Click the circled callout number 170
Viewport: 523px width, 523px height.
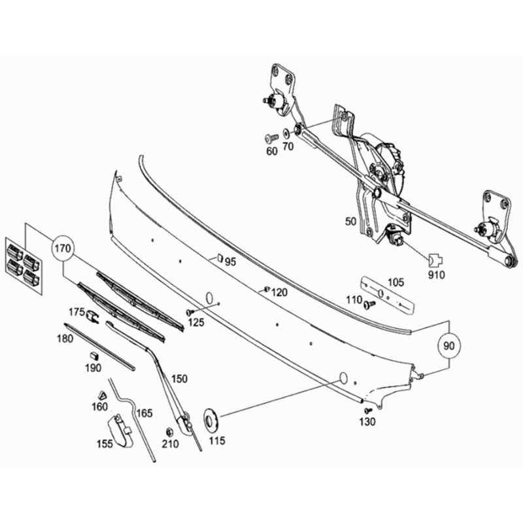pyautogui.click(x=63, y=248)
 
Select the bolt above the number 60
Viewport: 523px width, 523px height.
pyautogui.click(x=271, y=137)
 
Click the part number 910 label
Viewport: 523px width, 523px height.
pyautogui.click(x=436, y=275)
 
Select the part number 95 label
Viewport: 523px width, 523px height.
pyautogui.click(x=230, y=261)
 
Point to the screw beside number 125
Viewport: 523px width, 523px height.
pyautogui.click(x=190, y=312)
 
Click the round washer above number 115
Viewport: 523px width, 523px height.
pyautogui.click(x=212, y=418)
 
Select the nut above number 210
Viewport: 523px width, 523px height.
pyautogui.click(x=169, y=431)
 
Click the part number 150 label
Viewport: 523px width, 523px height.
pyautogui.click(x=179, y=379)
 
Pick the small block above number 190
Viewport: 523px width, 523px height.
pyautogui.click(x=93, y=355)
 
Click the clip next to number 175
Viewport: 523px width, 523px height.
pyautogui.click(x=93, y=317)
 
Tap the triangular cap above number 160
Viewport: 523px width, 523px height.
pyautogui.click(x=101, y=394)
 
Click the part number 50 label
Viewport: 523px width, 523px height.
pyautogui.click(x=350, y=222)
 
